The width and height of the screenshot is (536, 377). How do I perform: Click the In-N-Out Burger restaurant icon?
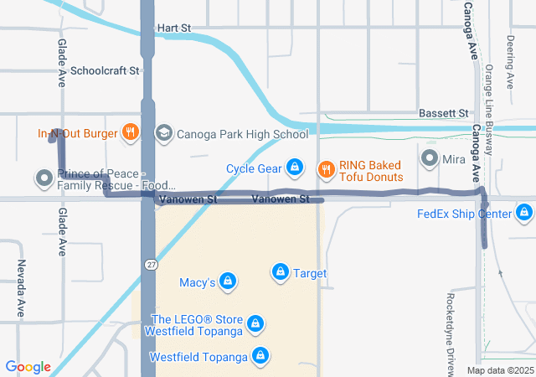point(130,132)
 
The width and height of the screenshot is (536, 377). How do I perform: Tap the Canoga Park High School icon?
point(163,133)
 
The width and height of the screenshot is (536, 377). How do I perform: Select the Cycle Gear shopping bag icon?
point(294,168)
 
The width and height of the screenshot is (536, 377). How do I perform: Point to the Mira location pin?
point(430,158)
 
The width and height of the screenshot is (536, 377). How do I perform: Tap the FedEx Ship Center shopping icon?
point(524,213)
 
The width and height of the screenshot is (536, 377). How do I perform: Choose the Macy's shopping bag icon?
point(227,281)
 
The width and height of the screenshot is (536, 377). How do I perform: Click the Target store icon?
point(280,272)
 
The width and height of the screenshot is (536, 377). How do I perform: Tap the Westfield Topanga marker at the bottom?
point(261,356)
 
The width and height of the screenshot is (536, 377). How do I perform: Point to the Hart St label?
point(173,28)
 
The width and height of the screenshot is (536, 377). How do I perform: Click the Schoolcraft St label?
point(105,71)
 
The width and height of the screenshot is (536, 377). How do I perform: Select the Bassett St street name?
point(443,113)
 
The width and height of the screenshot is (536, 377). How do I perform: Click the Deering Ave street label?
point(510,62)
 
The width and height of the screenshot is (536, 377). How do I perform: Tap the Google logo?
point(28,367)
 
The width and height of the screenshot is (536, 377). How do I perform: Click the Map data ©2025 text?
point(499,370)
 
